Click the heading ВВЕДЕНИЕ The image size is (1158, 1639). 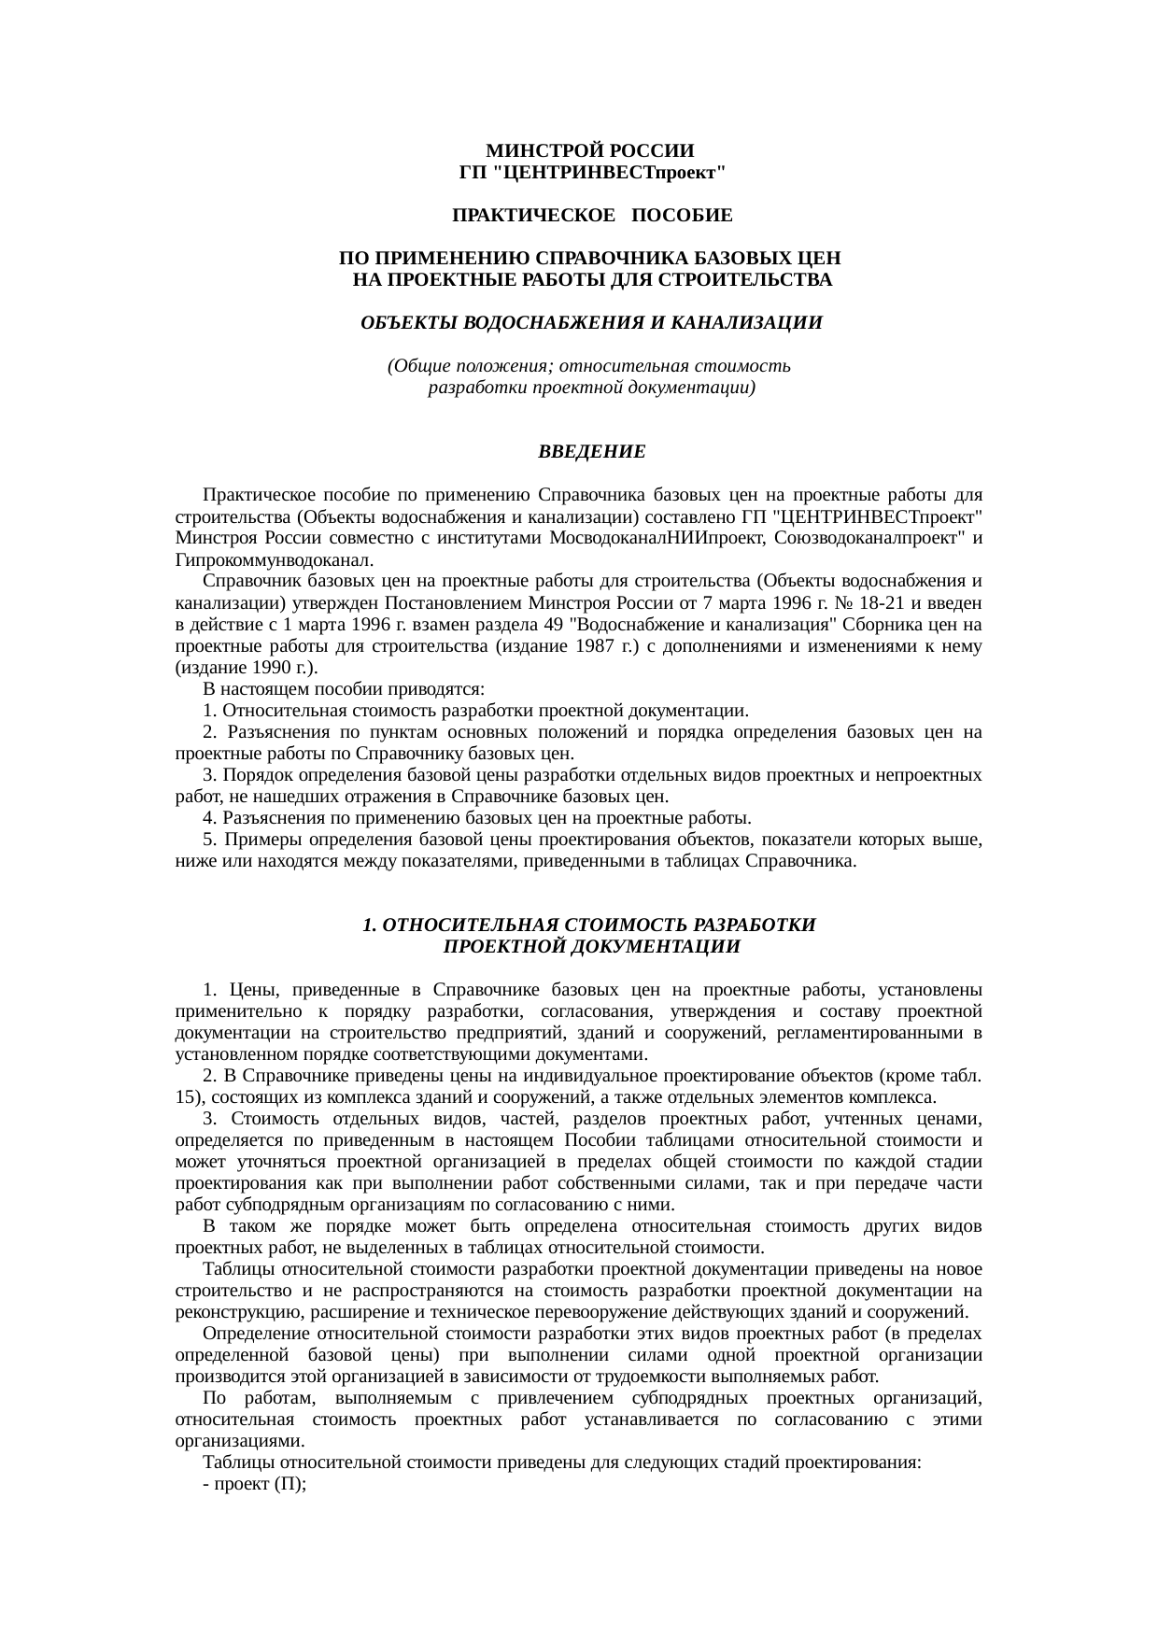[591, 452]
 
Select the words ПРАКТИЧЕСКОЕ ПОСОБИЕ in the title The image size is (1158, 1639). [592, 217]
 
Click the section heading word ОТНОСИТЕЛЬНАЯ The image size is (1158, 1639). [470, 925]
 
